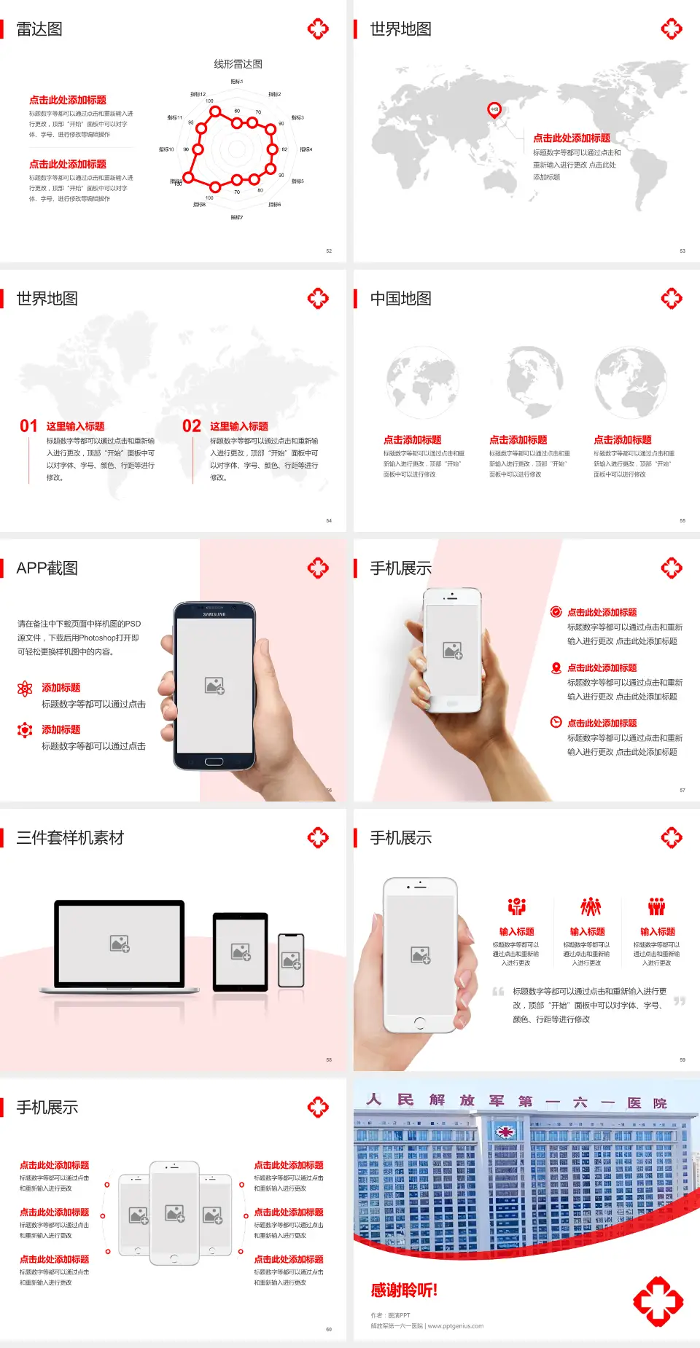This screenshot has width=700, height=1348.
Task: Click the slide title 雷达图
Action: point(39,29)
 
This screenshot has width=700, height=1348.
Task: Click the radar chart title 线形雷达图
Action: point(238,64)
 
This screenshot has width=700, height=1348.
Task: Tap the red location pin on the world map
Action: point(494,110)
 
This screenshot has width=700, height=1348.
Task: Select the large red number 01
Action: point(28,426)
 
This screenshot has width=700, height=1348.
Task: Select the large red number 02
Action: point(192,426)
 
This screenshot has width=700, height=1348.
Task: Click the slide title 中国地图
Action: point(400,299)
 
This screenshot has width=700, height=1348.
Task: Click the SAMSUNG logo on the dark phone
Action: point(214,614)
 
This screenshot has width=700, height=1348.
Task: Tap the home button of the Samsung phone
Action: point(214,761)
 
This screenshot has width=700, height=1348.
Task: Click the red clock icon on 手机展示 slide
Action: point(556,722)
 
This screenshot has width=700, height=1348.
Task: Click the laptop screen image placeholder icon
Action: point(120,944)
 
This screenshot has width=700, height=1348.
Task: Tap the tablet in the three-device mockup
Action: point(240,951)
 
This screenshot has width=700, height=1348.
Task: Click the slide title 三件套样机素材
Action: point(70,838)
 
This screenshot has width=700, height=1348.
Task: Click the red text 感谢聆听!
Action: point(404,1290)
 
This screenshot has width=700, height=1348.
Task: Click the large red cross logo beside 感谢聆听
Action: point(658,1301)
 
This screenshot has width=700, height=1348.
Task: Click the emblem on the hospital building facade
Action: point(504,1132)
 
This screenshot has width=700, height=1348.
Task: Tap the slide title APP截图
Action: point(47,568)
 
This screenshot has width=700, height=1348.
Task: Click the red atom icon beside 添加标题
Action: point(25,689)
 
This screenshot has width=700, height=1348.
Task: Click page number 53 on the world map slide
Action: point(682,251)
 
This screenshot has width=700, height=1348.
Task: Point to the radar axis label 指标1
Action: point(237,82)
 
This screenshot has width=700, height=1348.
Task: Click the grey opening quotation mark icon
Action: point(498,992)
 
